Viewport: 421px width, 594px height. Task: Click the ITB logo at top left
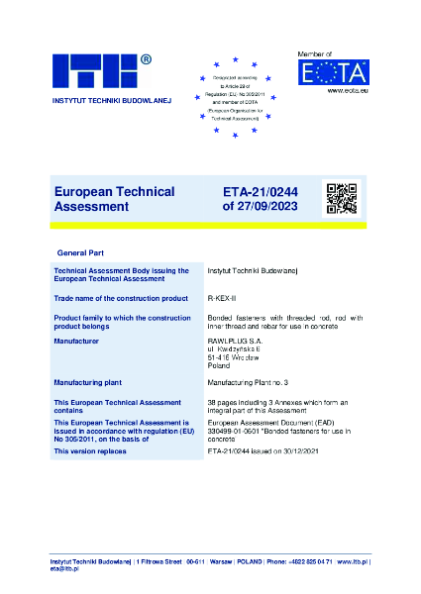coord(94,73)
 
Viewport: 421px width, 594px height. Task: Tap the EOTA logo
coord(333,72)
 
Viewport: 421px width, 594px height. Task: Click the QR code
coord(341,198)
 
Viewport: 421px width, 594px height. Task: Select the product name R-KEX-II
coord(222,297)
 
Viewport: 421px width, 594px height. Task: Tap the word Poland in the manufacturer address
coord(219,364)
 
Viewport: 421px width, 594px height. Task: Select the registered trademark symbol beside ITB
coord(146,59)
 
